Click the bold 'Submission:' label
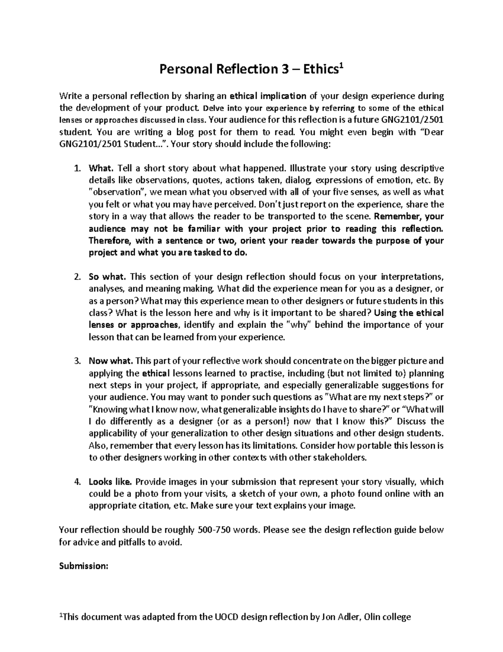click(84, 566)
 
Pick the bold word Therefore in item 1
click(110, 241)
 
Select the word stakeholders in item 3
click(343, 458)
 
